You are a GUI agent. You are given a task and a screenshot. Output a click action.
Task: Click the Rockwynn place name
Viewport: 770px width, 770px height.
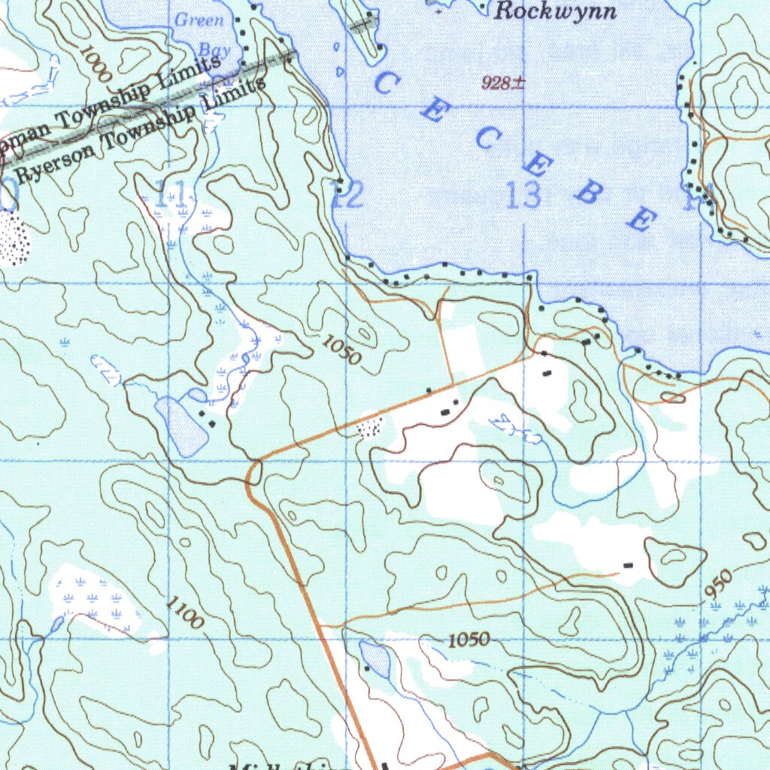pos(556,11)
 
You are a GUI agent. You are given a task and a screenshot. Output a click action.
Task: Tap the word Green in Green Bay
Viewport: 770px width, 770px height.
pos(199,20)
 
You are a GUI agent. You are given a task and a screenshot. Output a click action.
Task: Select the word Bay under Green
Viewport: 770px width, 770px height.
pos(214,50)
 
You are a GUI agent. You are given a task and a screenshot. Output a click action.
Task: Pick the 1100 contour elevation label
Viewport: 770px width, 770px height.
pos(184,612)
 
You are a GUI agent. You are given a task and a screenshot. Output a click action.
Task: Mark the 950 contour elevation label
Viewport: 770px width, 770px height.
pos(719,584)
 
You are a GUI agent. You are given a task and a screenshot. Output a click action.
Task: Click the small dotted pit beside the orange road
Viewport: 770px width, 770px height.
pos(368,429)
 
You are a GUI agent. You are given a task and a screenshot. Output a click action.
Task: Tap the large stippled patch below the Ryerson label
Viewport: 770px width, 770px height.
pos(11,239)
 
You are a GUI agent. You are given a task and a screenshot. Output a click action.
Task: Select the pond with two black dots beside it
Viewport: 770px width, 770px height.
pos(181,426)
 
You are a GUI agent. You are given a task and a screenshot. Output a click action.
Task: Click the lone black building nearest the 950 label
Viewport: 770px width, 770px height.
pos(628,565)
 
